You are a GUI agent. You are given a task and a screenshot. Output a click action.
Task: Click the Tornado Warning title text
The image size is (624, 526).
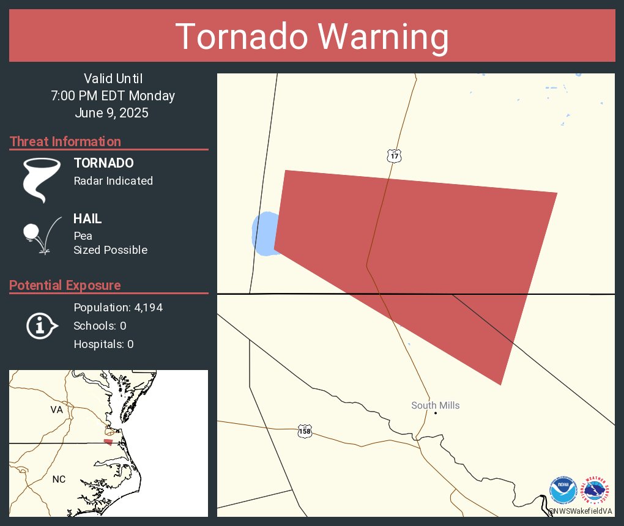[x=312, y=37]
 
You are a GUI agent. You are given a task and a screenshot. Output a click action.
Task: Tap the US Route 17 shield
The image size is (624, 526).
[x=394, y=157]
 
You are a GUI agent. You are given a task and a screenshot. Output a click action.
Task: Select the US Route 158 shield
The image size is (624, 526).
[x=304, y=431]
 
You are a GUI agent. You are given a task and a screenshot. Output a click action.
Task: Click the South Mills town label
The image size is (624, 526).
[x=435, y=406]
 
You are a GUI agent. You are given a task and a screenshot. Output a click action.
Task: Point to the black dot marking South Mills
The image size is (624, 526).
[x=436, y=413]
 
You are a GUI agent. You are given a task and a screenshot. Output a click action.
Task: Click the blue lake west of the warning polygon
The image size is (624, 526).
[x=264, y=234]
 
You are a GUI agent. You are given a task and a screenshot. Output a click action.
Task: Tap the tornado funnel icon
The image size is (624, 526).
[x=42, y=180]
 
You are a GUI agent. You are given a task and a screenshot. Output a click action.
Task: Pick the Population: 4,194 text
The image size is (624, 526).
[x=118, y=307]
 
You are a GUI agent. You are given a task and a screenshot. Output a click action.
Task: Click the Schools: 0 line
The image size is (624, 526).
[x=100, y=325]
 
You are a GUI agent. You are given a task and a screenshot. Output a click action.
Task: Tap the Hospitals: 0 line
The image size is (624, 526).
[x=103, y=344]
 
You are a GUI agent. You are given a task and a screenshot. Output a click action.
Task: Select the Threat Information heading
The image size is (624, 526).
[x=65, y=141]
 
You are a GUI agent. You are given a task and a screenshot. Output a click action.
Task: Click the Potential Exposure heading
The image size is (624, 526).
[x=65, y=285]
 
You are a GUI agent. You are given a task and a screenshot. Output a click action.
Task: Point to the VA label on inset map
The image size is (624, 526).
[x=57, y=410]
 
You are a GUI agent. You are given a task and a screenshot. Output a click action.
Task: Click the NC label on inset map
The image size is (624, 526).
[x=59, y=479]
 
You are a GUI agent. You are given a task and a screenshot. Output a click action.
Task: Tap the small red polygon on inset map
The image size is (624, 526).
[x=108, y=442]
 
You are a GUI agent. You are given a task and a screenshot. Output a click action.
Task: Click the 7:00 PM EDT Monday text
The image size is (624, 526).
[x=113, y=95]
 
